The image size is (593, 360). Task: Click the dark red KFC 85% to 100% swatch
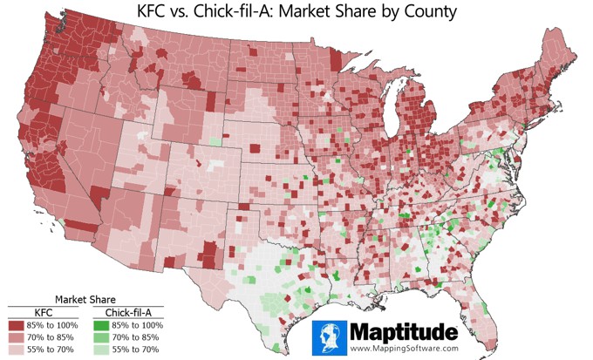tap(17, 324)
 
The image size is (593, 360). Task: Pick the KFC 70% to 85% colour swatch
tap(17, 336)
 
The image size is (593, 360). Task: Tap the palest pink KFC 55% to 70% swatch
tap(17, 349)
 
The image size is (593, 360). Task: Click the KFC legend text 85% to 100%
tap(56, 324)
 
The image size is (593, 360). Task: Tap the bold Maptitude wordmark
tap(402, 332)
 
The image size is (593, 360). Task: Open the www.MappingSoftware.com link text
tap(404, 349)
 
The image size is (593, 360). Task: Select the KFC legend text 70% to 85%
tap(54, 336)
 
